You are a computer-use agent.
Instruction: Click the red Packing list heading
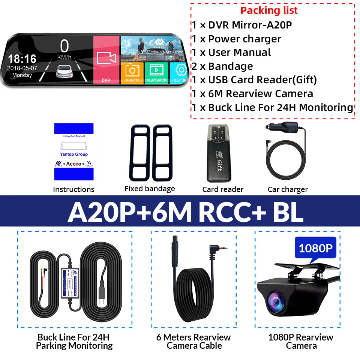coord(269,10)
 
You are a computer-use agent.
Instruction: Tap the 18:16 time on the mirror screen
coord(22,58)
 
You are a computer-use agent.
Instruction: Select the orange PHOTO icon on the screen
coord(132,72)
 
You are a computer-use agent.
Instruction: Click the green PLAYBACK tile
coord(157,72)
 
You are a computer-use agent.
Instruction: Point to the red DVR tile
coord(106,60)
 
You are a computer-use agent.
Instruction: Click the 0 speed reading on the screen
coord(64,46)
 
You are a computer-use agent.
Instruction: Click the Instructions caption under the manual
coord(73,189)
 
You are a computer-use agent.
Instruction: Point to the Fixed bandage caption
coord(150,189)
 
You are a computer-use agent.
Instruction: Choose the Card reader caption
coord(223,189)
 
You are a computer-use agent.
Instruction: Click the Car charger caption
coord(288,189)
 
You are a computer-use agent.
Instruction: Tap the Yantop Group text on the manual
coord(73,154)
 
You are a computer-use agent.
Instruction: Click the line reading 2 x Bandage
coord(222,66)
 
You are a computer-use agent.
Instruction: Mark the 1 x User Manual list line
coord(231,52)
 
